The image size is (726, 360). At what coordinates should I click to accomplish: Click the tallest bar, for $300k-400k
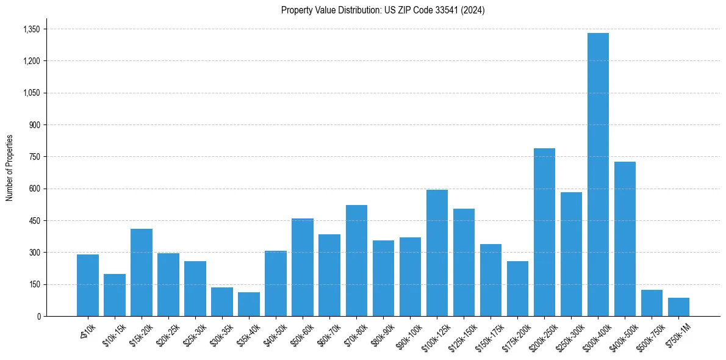point(598,175)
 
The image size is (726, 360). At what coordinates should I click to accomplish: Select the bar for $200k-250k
point(544,232)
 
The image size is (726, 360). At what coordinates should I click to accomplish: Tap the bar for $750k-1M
point(678,307)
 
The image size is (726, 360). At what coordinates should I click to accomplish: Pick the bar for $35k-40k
point(249,304)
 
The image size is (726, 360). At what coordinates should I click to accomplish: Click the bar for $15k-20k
point(142,272)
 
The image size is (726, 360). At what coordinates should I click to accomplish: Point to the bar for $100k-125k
point(437,253)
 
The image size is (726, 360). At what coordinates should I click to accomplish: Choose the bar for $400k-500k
point(625,239)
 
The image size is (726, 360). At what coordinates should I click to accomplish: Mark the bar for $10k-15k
point(115,295)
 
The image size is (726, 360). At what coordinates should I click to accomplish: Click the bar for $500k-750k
point(652,303)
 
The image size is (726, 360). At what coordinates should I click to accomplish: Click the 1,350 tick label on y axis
point(31,29)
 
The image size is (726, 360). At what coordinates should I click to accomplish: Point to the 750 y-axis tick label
point(35,157)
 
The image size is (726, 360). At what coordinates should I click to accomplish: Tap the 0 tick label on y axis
point(38,316)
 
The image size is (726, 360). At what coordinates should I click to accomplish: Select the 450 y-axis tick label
point(35,220)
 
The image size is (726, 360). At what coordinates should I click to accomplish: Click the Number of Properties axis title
point(9,168)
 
